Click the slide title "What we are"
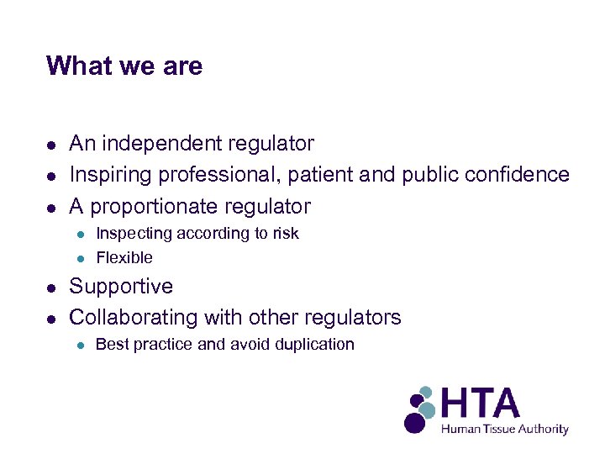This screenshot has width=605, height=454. (x=124, y=66)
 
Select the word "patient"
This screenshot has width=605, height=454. (x=323, y=175)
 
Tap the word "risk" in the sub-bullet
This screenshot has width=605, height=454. (x=285, y=234)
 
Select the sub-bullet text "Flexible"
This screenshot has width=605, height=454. (x=124, y=258)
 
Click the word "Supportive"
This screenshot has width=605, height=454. (x=121, y=287)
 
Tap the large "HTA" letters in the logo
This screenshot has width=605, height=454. (x=481, y=403)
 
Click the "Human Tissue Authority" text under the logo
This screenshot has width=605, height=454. (x=505, y=429)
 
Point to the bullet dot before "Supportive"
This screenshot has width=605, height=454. (x=52, y=288)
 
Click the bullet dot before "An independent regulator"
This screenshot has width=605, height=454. (x=52, y=145)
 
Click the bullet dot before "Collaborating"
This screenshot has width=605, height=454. (x=52, y=319)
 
